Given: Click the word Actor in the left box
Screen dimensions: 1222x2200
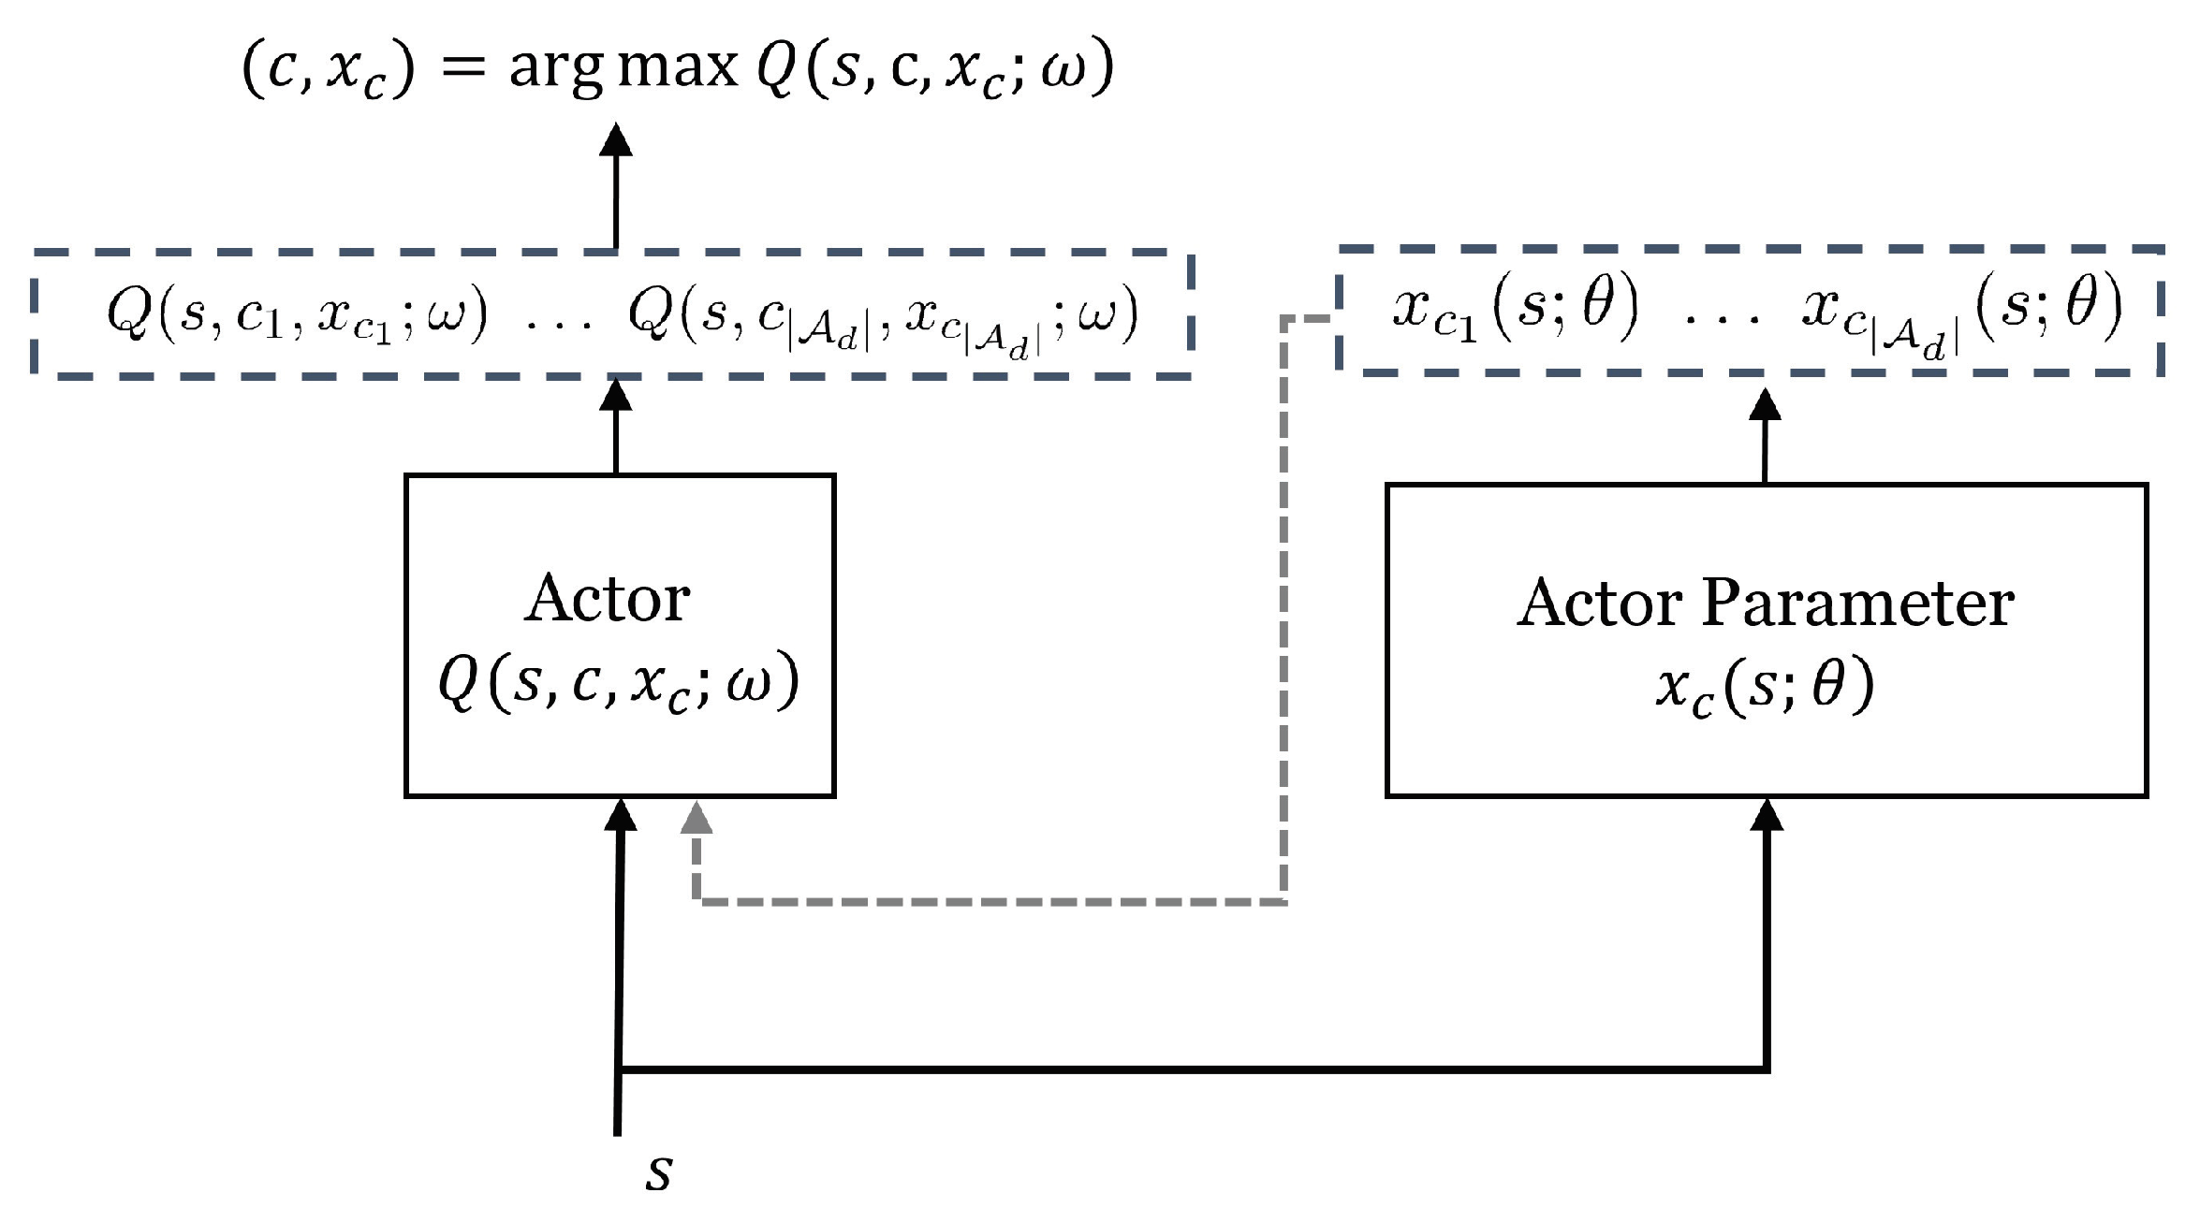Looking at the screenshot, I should click(x=608, y=599).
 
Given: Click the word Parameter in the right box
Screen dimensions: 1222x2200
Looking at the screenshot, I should click(x=1857, y=604).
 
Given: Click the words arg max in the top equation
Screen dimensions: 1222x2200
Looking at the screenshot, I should click(x=623, y=67).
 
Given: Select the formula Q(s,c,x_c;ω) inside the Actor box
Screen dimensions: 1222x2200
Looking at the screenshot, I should click(x=619, y=682).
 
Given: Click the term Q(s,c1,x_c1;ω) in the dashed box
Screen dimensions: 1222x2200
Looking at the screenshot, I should click(x=297, y=314).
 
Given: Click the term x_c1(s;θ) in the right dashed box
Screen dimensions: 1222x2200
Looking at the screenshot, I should click(x=1516, y=310).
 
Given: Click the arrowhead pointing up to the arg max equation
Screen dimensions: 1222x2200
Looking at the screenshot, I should click(x=616, y=139).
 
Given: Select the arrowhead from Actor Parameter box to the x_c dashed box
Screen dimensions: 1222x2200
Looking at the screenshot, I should click(x=1765, y=404).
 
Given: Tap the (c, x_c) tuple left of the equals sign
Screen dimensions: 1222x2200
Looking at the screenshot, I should click(x=328, y=71).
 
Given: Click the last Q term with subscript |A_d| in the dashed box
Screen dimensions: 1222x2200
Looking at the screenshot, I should click(x=883, y=318).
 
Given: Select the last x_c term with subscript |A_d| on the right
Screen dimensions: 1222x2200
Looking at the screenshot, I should click(x=1962, y=313).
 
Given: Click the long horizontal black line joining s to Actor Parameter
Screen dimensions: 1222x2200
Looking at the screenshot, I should click(x=1189, y=1069).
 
